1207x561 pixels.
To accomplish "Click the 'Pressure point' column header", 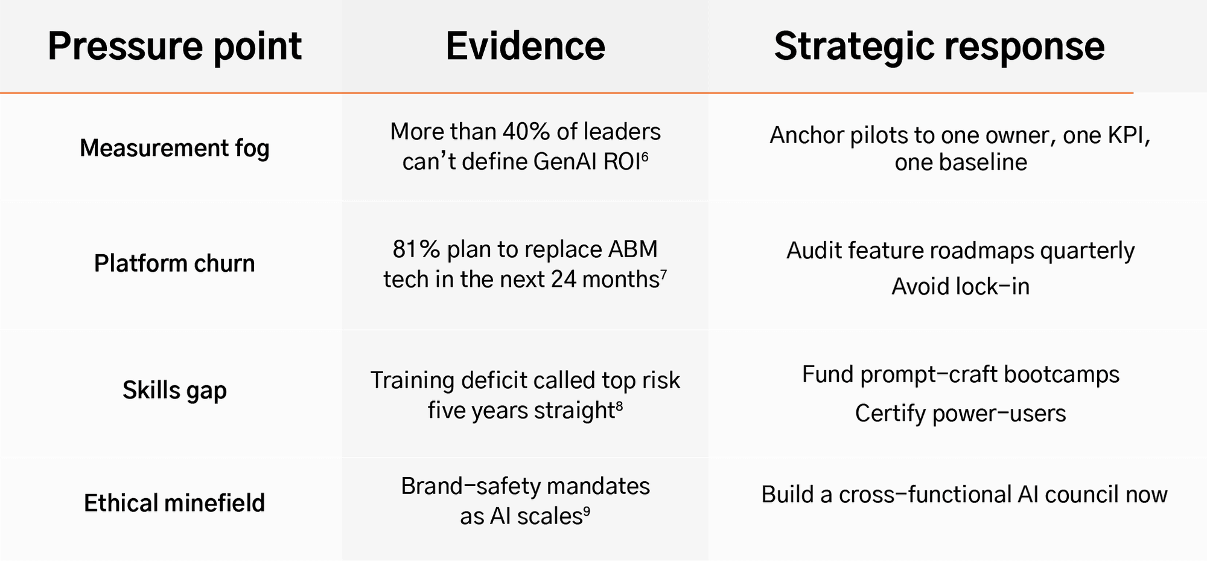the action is [174, 47].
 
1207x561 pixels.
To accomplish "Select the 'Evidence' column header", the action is [525, 46].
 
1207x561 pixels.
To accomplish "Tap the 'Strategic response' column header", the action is [939, 47].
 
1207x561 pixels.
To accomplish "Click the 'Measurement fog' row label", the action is [174, 149].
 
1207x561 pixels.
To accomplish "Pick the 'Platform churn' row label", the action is [174, 263].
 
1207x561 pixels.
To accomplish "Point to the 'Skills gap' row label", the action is [174, 391].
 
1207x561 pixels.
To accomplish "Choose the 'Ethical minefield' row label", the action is [174, 502].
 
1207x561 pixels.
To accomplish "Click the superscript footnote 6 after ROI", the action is [645, 156].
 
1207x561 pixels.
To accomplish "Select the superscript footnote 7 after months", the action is [663, 274].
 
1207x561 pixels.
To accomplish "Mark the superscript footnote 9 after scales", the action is [586, 511].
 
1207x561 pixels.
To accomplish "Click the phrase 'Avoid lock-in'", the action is [960, 287].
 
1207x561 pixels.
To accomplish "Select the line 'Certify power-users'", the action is [960, 414].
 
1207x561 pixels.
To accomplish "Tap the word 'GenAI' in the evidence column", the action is [565, 162].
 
